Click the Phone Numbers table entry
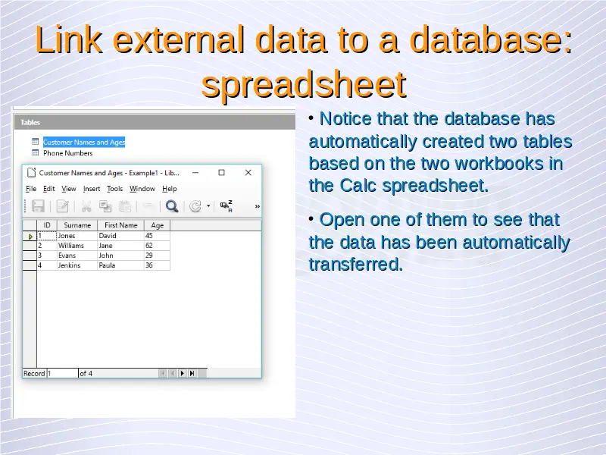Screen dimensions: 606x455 tap(67, 153)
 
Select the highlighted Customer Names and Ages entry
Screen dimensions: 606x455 tap(84, 142)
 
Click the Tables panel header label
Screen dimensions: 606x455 tap(30, 122)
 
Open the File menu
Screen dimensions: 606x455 tap(31, 189)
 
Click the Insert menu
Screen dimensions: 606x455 tap(92, 189)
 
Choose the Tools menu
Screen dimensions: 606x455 tap(115, 189)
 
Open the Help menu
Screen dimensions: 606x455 tap(169, 189)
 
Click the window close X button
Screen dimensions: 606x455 tap(248, 173)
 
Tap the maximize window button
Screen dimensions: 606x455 tap(221, 173)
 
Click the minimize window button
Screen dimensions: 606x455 tap(195, 173)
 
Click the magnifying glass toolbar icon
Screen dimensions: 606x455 tap(172, 206)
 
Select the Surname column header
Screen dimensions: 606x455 tap(77, 225)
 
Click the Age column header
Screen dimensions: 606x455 tap(158, 225)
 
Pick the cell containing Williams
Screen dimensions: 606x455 tap(71, 246)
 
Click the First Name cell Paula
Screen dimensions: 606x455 tap(107, 265)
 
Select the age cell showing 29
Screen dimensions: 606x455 tap(148, 256)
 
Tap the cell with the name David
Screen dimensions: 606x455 tap(108, 236)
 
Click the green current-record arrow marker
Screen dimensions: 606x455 tap(30, 237)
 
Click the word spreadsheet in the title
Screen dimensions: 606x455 tap(304, 84)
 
